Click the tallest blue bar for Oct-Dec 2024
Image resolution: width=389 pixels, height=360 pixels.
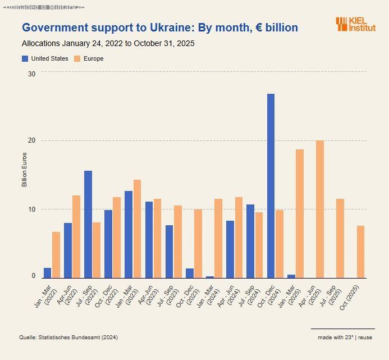click(271, 185)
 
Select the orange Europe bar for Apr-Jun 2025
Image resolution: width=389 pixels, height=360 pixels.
click(320, 209)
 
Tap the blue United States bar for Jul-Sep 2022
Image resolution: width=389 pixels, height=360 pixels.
click(88, 224)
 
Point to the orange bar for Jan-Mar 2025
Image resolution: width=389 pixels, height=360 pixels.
click(300, 213)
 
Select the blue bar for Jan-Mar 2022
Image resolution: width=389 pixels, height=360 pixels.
click(48, 273)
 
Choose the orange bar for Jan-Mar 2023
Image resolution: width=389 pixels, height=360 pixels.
click(137, 229)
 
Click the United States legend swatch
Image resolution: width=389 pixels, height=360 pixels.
click(25, 58)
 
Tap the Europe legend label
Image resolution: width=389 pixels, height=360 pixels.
click(93, 58)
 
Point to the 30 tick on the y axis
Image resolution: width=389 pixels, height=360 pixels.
click(31, 74)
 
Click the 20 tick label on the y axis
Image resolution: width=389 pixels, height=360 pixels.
click(31, 140)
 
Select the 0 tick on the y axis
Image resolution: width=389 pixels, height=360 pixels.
click(33, 276)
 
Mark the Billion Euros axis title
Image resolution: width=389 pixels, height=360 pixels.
click(24, 169)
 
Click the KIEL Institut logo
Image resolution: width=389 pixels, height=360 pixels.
click(356, 24)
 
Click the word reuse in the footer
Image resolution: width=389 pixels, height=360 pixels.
click(365, 337)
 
